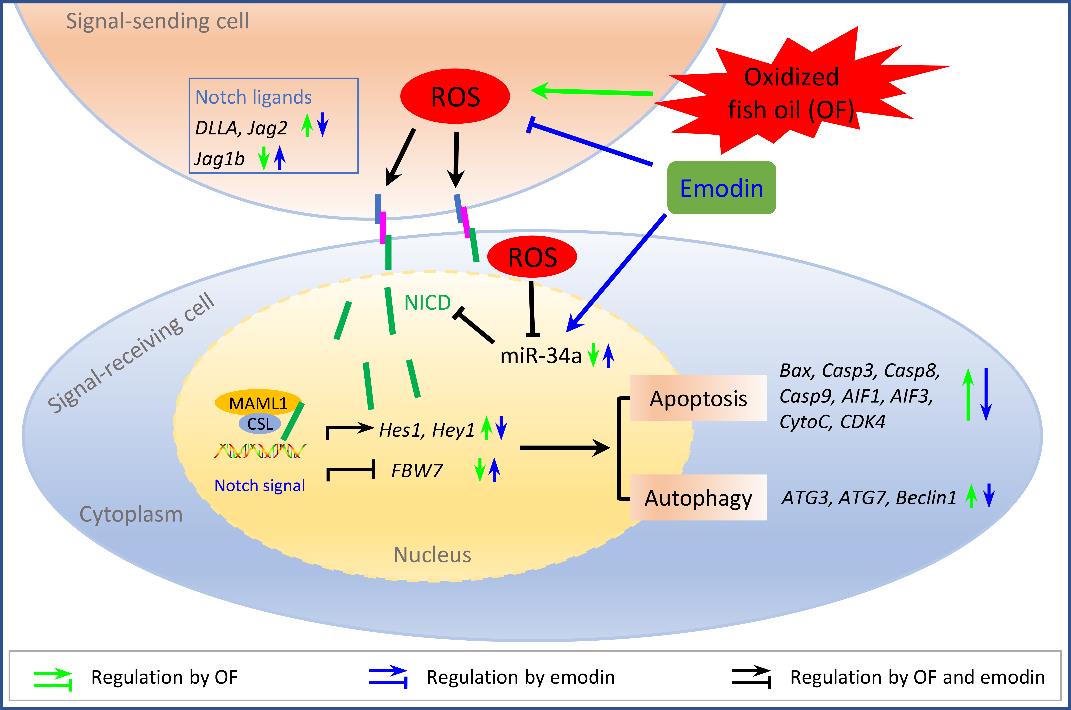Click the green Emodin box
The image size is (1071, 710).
(x=721, y=188)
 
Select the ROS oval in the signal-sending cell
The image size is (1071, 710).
(x=455, y=96)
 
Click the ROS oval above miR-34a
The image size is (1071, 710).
(x=532, y=257)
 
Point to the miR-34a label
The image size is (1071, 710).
(x=541, y=355)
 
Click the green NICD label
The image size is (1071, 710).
(x=428, y=303)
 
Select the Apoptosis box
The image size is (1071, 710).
(x=698, y=398)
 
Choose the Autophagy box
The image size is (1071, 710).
(x=698, y=497)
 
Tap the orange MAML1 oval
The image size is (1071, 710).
(x=259, y=403)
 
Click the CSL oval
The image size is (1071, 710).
(x=260, y=424)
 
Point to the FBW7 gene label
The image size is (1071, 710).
(x=417, y=470)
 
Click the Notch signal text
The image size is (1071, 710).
(x=260, y=485)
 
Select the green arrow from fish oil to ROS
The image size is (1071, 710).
(x=592, y=91)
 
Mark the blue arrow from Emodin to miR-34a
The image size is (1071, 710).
(x=617, y=271)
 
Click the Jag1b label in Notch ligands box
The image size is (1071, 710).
(x=219, y=159)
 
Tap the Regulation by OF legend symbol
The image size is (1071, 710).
(x=53, y=678)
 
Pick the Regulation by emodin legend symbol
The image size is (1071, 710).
(x=388, y=678)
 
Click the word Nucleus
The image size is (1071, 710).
(x=432, y=554)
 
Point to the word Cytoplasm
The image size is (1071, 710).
(x=131, y=514)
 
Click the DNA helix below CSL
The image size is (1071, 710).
(x=260, y=450)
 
